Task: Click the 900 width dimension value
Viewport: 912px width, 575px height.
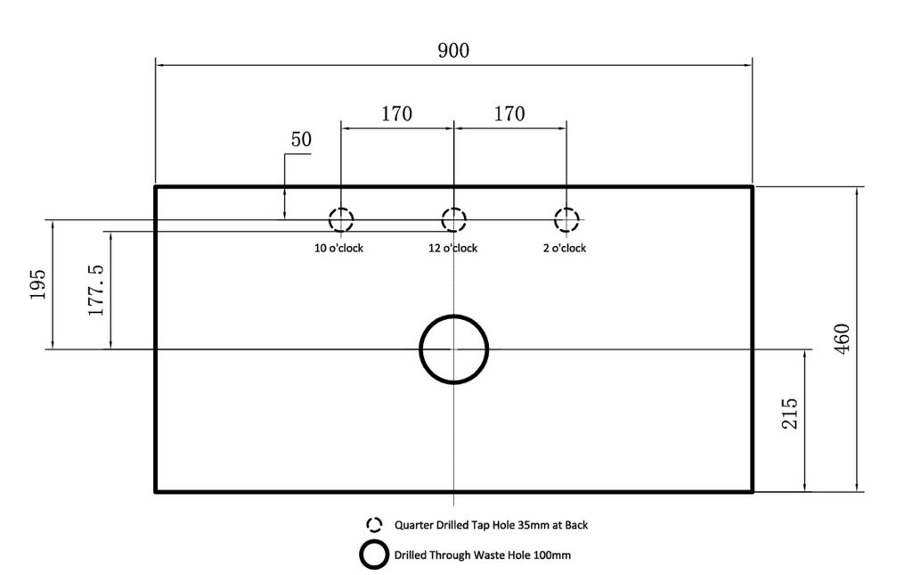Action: coord(453,51)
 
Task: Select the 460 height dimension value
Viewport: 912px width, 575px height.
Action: coord(842,338)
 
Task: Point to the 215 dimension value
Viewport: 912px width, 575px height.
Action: coord(789,414)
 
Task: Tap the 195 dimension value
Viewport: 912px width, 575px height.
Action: coord(37,284)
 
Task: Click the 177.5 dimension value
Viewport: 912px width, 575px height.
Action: coord(95,291)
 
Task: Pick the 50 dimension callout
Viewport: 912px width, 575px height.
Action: coord(301,139)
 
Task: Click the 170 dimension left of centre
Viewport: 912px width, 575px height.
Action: coord(396,113)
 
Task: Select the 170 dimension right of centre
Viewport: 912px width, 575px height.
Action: coord(509,113)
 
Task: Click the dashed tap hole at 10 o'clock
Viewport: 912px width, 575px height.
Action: coord(341,220)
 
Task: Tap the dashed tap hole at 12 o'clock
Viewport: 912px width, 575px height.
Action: coord(453,220)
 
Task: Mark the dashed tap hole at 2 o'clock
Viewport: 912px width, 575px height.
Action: coord(566,220)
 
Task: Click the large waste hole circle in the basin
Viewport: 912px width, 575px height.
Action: coord(453,349)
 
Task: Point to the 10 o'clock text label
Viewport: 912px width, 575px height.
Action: coord(338,248)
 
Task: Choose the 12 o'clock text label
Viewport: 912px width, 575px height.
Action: coord(453,248)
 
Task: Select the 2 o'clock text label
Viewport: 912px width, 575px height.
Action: coord(565,248)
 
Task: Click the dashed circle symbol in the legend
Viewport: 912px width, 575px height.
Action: coord(375,525)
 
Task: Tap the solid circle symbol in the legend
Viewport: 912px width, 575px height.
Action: coord(374,554)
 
